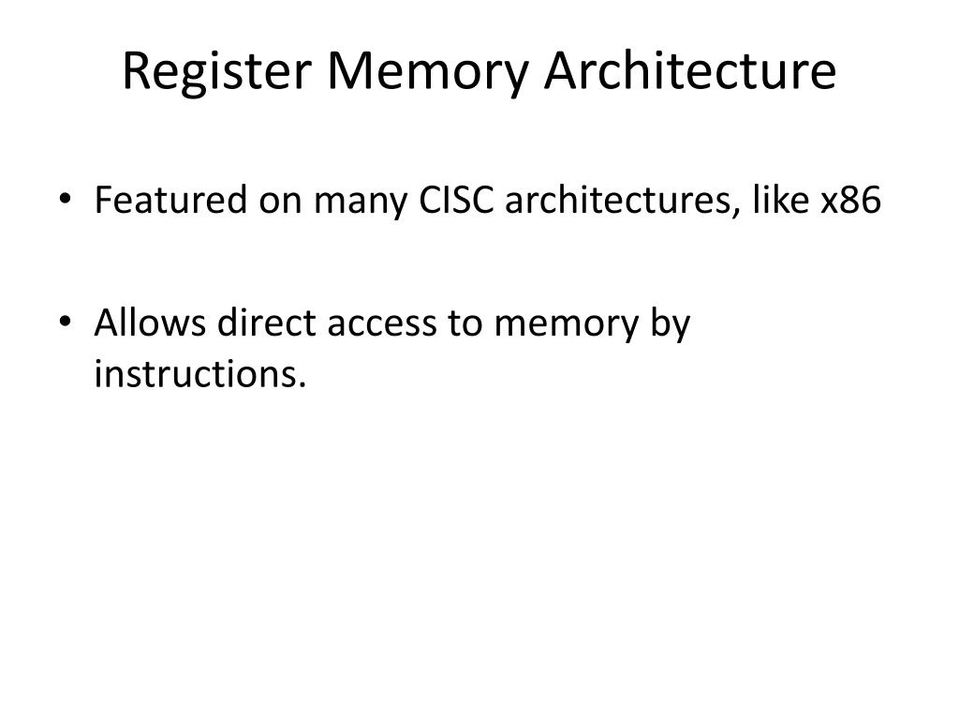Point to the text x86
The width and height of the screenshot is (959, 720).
pyautogui.click(x=851, y=201)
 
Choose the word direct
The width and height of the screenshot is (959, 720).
pyautogui.click(x=267, y=322)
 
